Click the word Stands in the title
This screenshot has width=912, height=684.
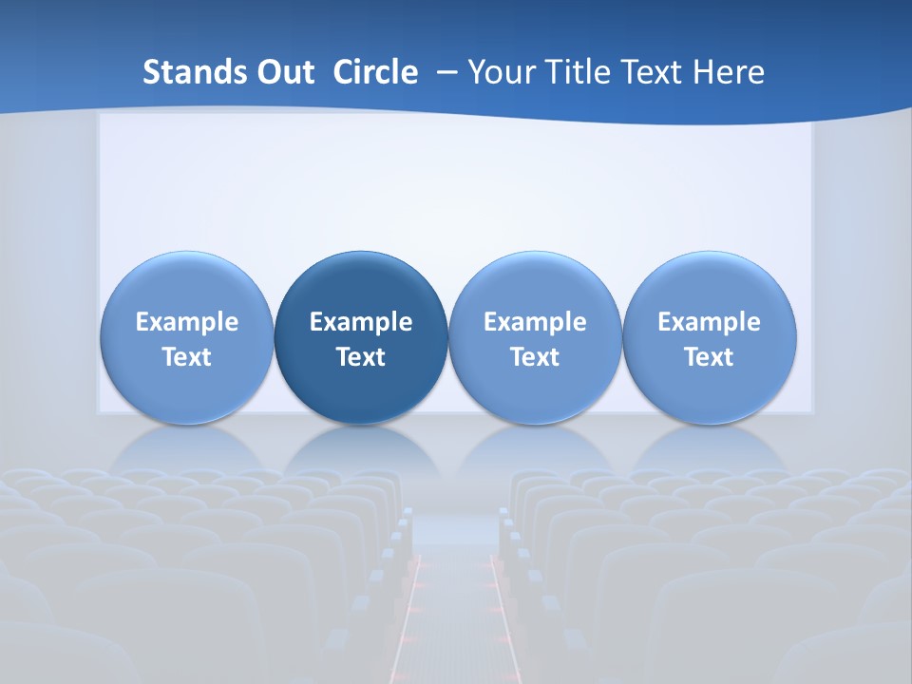pos(195,72)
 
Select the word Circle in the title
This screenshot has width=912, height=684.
pos(375,72)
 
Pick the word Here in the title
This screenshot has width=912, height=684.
pos(731,72)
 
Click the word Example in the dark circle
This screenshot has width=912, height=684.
pos(361,322)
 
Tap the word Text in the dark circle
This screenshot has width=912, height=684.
pos(361,357)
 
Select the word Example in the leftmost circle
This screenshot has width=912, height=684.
pos(187,322)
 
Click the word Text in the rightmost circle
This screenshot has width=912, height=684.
pos(710,357)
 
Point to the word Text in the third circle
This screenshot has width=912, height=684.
pos(535,357)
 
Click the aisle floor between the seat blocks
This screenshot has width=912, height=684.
pos(454,608)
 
